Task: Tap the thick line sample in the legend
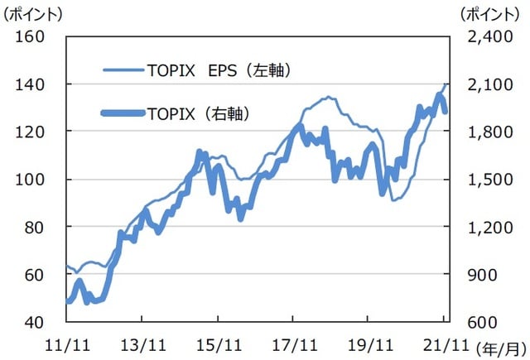pyautogui.click(x=123, y=113)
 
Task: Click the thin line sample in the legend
pyautogui.click(x=123, y=70)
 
